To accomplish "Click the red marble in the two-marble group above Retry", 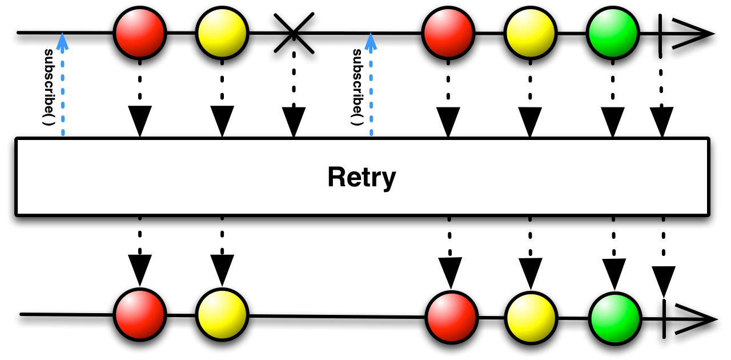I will click(x=140, y=33).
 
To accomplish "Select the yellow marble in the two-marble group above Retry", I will click(x=222, y=33).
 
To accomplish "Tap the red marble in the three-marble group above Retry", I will click(x=448, y=33).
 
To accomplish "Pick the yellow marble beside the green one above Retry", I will click(x=531, y=33).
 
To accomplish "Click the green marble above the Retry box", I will click(x=613, y=33).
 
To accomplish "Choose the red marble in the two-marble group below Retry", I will click(x=140, y=315).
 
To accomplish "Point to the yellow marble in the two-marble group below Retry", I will click(x=222, y=315).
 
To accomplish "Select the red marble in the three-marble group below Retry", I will click(x=452, y=318).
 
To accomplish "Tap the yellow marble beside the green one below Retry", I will click(x=531, y=318).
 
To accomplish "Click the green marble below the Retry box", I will click(x=615, y=319).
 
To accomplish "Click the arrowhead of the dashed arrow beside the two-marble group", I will click(x=62, y=41).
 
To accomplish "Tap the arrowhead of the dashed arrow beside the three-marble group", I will click(x=371, y=41).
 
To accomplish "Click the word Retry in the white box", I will click(x=362, y=177).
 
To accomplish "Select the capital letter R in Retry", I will click(x=336, y=177).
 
